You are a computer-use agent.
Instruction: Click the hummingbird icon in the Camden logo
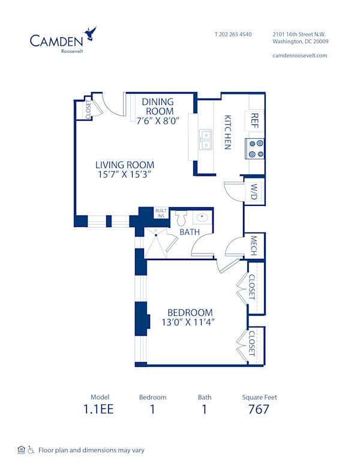tap(91, 33)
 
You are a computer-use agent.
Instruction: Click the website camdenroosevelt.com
tap(300, 55)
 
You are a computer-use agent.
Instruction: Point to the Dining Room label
tap(158, 106)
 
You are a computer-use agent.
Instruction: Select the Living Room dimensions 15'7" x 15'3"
tap(125, 175)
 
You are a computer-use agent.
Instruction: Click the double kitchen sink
tap(206, 139)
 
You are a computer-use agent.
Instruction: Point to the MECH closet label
tap(254, 246)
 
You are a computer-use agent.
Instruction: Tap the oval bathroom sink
tap(203, 217)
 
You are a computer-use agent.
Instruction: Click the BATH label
tap(189, 232)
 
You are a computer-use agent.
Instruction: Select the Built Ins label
tap(161, 213)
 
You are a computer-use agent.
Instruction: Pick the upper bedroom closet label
tap(252, 287)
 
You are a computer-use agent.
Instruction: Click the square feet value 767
tap(259, 410)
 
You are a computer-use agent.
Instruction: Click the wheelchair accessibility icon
tap(31, 450)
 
